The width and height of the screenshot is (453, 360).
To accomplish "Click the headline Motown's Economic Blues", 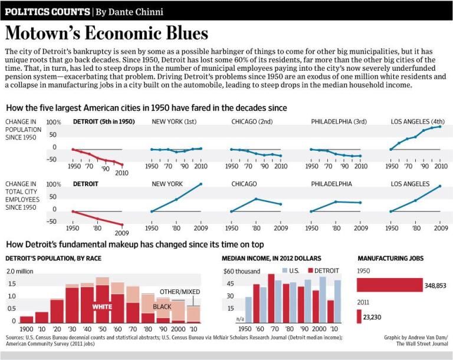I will click(107, 32).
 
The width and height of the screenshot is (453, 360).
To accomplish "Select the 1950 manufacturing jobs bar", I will click(389, 285).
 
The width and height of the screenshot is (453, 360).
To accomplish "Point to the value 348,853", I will click(435, 286).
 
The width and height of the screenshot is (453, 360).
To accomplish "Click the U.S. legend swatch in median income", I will click(284, 270).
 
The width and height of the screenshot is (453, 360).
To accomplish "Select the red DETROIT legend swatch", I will click(309, 270).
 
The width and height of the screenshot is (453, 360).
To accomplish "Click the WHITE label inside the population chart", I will click(102, 306).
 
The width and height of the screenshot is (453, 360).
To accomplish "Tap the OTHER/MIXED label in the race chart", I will click(180, 292).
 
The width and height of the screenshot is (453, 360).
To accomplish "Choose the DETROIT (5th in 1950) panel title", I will click(104, 122).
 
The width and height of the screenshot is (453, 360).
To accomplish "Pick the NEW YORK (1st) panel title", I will click(175, 122).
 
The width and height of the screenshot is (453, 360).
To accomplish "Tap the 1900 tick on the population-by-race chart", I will click(27, 328).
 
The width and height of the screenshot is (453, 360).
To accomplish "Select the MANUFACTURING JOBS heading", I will click(390, 258).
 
